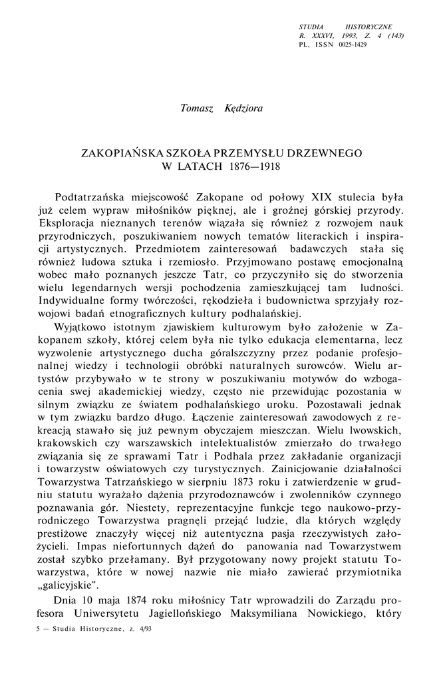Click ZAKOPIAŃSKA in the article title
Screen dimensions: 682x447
pos(120,153)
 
